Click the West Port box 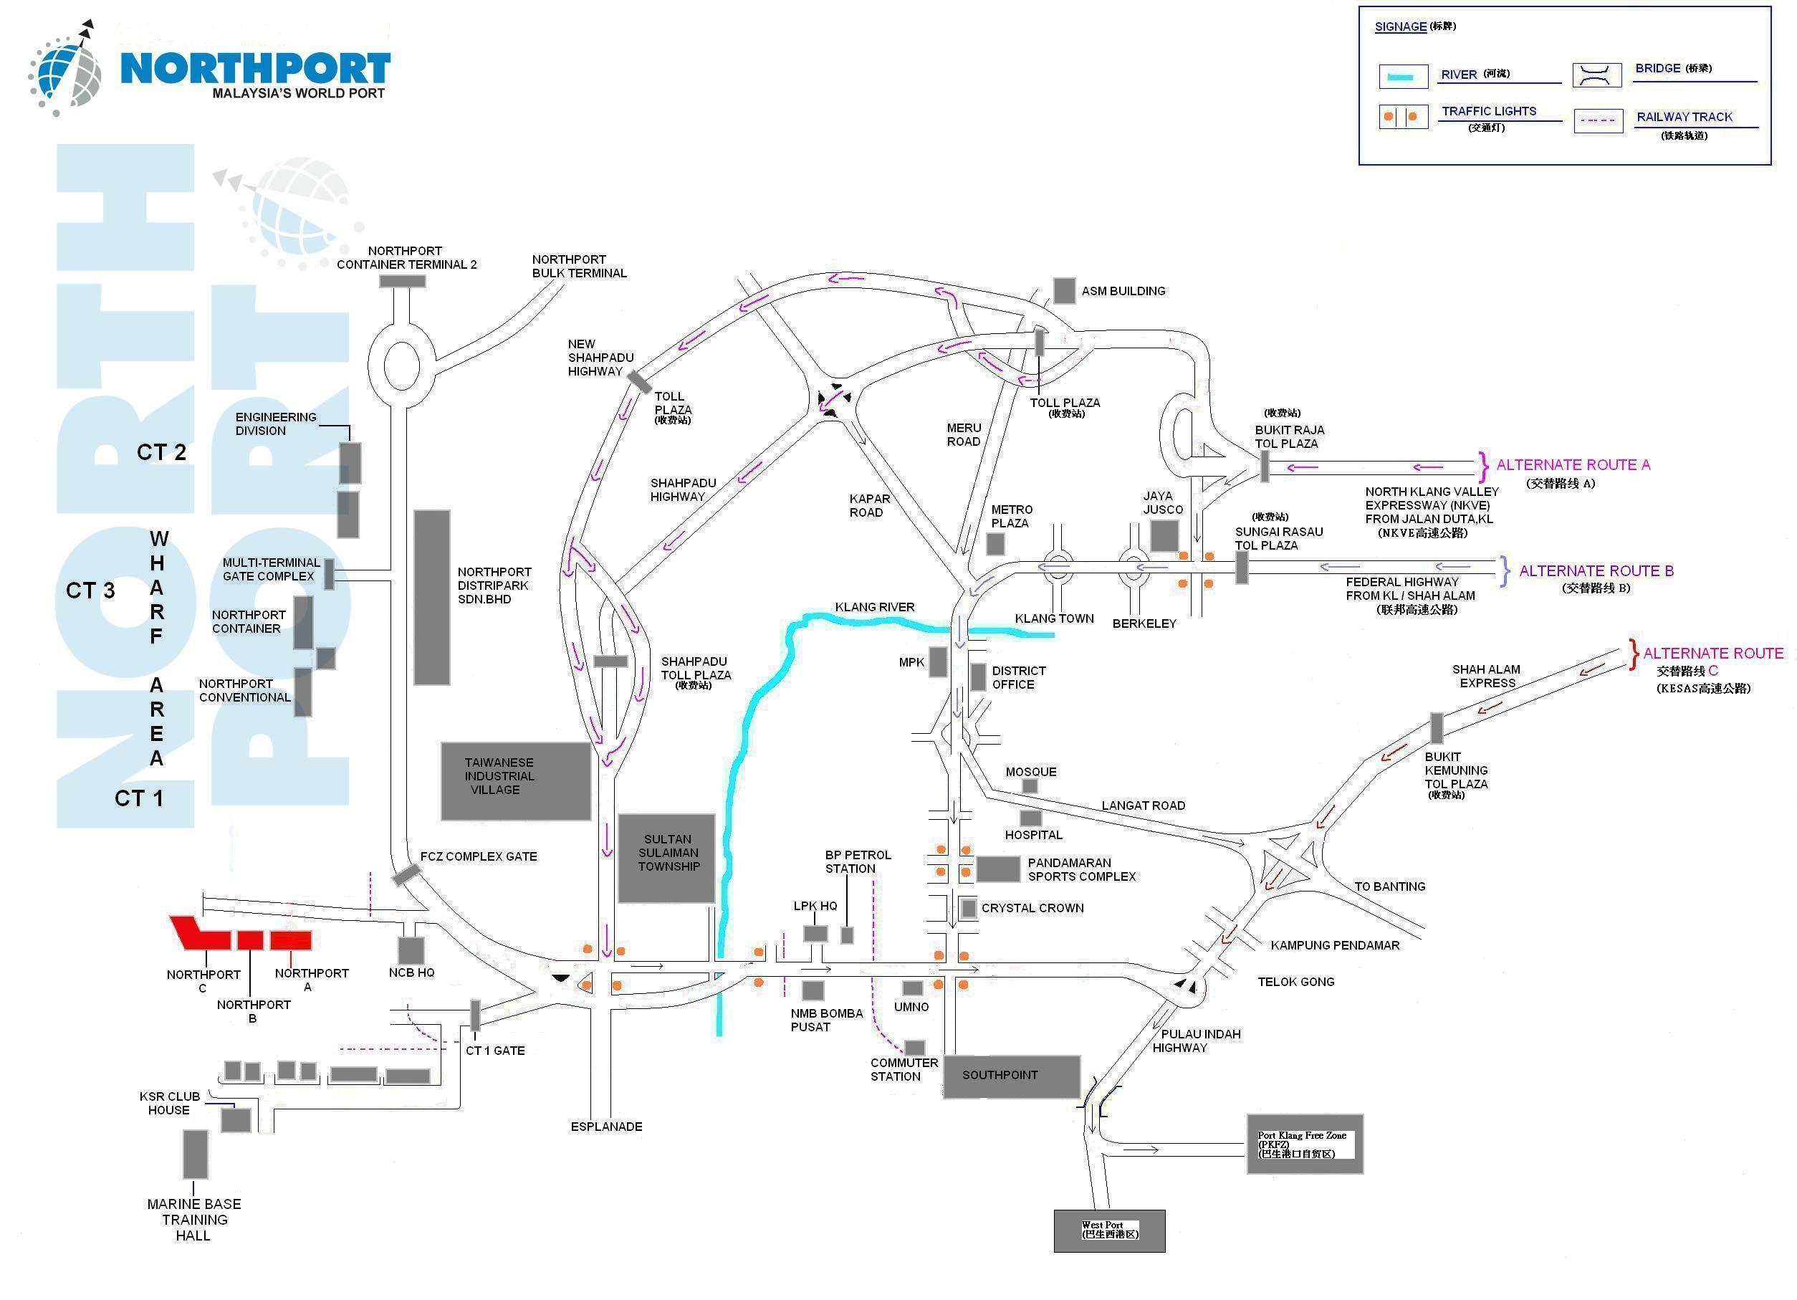tap(1108, 1230)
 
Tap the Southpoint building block tap(1011, 1076)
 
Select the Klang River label tap(874, 607)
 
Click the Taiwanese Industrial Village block tap(516, 781)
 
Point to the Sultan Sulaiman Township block tap(666, 858)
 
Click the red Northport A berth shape tap(291, 940)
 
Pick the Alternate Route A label tap(1572, 465)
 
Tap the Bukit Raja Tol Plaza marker tap(1265, 466)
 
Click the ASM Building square tap(1064, 291)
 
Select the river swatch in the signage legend tap(1403, 77)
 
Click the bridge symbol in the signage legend tap(1596, 75)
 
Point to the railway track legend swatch tap(1597, 120)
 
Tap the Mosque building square tap(1030, 786)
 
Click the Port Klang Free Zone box tap(1304, 1144)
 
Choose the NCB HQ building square tap(411, 950)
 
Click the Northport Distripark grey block tap(432, 597)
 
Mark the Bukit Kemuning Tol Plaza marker tap(1437, 727)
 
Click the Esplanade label tap(606, 1127)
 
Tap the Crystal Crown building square tap(968, 909)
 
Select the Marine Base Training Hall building tap(196, 1154)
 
